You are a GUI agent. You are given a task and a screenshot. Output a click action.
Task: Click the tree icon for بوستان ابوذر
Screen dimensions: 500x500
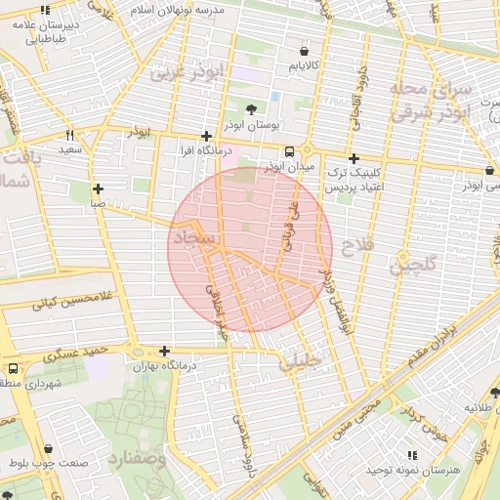point(253,110)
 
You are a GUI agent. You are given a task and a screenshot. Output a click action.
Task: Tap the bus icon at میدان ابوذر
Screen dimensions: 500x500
point(289,151)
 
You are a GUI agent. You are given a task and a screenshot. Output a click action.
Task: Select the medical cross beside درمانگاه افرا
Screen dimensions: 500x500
point(205,137)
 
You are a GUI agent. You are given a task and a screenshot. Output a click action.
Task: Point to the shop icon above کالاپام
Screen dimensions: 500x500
point(306,51)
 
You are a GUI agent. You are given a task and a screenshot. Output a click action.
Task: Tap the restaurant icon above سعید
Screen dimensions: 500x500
point(69,135)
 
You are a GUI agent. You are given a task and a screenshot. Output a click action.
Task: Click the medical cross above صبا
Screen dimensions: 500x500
point(98,188)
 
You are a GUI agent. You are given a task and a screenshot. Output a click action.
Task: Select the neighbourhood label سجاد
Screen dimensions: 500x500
point(191,237)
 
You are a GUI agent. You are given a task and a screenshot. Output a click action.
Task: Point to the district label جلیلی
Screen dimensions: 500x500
point(301,363)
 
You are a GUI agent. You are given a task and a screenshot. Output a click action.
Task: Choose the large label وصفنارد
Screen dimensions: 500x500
point(137,457)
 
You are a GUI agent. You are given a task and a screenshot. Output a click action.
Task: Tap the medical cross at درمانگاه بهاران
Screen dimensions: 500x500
point(164,352)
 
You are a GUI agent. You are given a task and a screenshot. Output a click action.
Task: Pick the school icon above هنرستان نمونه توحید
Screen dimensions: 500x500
point(409,455)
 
